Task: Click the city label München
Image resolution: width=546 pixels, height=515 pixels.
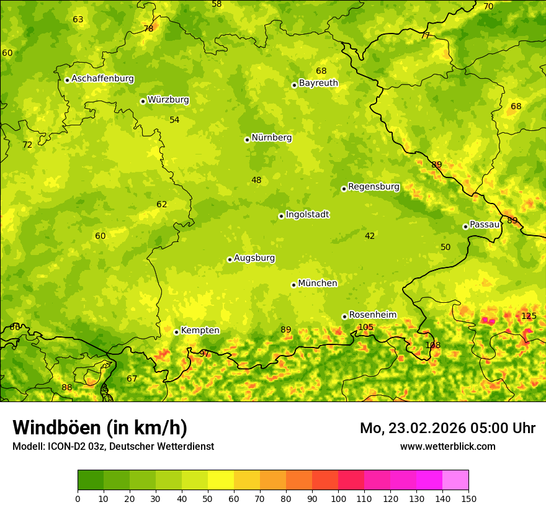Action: pyautogui.click(x=318, y=284)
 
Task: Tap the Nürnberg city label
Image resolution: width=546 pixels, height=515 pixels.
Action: pyautogui.click(x=271, y=138)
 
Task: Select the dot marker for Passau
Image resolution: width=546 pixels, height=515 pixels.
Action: pyautogui.click(x=465, y=226)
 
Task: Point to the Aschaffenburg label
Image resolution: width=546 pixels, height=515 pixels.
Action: pyautogui.click(x=102, y=79)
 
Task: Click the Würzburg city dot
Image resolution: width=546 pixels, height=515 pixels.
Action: pyautogui.click(x=143, y=101)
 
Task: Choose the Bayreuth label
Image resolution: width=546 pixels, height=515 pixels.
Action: pyautogui.click(x=318, y=83)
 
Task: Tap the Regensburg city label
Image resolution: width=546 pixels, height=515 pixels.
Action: pyautogui.click(x=374, y=187)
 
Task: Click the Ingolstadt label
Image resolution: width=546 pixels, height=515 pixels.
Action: pyautogui.click(x=307, y=215)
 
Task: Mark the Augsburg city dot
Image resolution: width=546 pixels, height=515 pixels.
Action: pyautogui.click(x=230, y=259)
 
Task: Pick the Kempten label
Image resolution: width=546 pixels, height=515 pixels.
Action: pyautogui.click(x=200, y=331)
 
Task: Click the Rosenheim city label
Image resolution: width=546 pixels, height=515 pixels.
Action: pyautogui.click(x=372, y=315)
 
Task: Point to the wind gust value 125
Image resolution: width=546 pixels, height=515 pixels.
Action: pyautogui.click(x=529, y=316)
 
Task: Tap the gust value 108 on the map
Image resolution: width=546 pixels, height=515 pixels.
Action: pyautogui.click(x=432, y=345)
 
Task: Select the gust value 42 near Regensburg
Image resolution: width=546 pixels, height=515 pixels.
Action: pyautogui.click(x=370, y=236)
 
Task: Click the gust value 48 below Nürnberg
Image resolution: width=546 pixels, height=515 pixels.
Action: pyautogui.click(x=256, y=180)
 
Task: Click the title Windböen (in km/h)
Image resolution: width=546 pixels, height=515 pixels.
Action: pyautogui.click(x=100, y=428)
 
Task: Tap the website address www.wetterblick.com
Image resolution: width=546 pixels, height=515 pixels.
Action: pyautogui.click(x=447, y=446)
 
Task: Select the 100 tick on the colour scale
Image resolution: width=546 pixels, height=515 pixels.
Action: pyautogui.click(x=338, y=499)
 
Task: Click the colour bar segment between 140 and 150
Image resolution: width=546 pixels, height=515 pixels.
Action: pyautogui.click(x=455, y=480)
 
